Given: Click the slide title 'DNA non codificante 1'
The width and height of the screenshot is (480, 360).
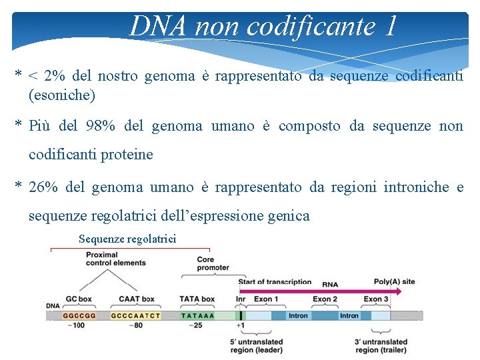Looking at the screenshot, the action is coord(263,26).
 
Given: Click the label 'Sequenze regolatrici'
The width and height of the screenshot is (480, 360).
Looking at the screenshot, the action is coord(127,239).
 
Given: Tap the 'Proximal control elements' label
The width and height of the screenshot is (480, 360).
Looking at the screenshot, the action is coord(116,259).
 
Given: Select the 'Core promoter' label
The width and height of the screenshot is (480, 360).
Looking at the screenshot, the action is coord(213,263).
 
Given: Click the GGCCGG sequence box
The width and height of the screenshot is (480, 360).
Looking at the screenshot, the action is coord(79,315).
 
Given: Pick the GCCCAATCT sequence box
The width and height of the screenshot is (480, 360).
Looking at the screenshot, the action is coord(135,315).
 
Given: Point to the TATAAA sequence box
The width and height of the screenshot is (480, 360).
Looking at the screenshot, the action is coord(198,315).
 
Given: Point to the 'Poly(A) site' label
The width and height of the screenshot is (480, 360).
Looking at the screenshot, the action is coord(394,281).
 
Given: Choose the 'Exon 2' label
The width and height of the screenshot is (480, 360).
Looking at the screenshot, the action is coord(325,299).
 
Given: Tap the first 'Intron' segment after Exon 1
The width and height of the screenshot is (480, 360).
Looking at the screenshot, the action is coord(297,315).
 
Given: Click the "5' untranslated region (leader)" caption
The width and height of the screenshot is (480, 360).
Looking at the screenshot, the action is coord(257,346).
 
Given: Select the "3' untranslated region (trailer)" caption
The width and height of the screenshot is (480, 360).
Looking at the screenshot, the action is coord(381,346).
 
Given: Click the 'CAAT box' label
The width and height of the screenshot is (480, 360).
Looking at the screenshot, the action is coord(136,299).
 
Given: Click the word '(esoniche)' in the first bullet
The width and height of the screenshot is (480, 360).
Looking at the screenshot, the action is coord(62,95).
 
